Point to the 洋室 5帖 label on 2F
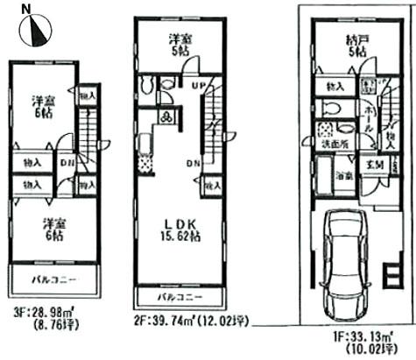[180, 44]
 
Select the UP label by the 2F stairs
[198, 85]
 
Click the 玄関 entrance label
[370, 163]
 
